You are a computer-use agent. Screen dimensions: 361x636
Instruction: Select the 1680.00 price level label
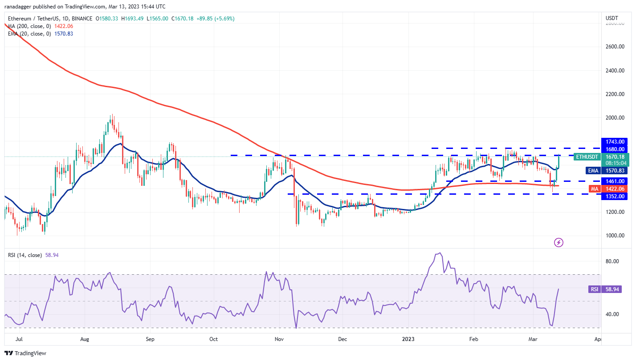[x=615, y=149]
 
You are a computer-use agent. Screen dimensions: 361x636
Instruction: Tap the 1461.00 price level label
[x=615, y=181]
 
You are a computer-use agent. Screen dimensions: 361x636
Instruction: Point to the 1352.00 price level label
[x=615, y=196]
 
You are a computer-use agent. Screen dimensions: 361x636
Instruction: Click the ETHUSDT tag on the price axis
[x=586, y=156]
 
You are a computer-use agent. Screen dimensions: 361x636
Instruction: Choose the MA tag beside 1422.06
[x=595, y=189]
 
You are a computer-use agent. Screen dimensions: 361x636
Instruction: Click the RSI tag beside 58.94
[x=595, y=289]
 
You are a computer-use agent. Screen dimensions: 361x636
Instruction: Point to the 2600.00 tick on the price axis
[x=615, y=47]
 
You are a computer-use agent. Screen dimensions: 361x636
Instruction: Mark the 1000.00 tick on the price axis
[x=615, y=236]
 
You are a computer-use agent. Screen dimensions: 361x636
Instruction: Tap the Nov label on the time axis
[x=280, y=339]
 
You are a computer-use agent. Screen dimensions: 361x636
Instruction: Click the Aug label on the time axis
[x=85, y=339]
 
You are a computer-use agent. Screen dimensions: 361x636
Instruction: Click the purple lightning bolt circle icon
[x=559, y=242]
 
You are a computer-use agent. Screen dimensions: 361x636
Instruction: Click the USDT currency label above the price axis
[x=612, y=18]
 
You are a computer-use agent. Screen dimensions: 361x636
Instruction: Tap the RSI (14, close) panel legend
[x=25, y=255]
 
